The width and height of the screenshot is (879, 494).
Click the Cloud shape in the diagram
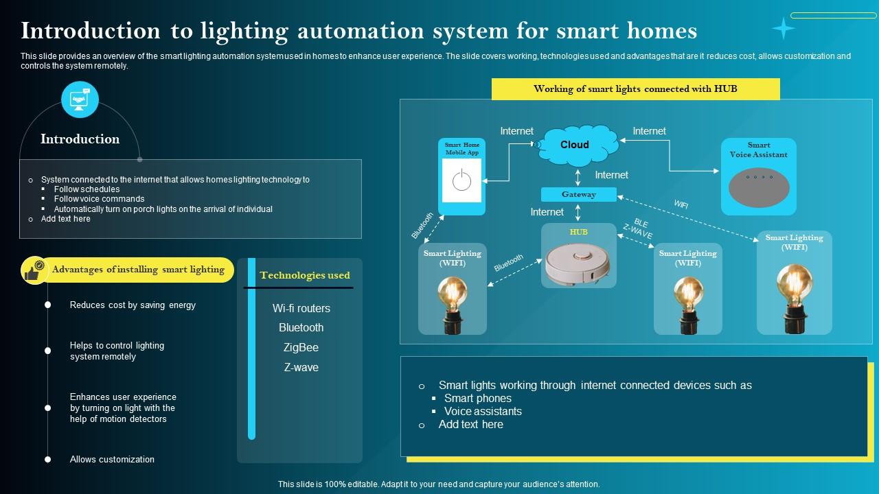575,145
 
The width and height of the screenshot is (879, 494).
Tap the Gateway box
578,194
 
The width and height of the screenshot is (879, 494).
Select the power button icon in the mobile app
461,181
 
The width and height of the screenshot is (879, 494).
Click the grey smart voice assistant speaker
759,187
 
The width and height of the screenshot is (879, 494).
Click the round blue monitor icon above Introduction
80,99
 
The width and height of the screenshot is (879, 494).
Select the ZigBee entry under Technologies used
301,348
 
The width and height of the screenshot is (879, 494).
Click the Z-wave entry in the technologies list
301,368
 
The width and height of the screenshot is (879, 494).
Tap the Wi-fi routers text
301,309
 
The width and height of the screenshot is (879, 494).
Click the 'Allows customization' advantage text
112,460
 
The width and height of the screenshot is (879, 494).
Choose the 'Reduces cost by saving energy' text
133,305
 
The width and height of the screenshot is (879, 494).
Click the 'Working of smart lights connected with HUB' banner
635,89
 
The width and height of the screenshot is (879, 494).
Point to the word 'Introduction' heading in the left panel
80,139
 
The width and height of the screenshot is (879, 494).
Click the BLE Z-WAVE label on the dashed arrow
638,229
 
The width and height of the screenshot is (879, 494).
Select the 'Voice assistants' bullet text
483,412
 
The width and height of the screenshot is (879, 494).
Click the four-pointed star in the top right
783,28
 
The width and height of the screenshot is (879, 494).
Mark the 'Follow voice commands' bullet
99,199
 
